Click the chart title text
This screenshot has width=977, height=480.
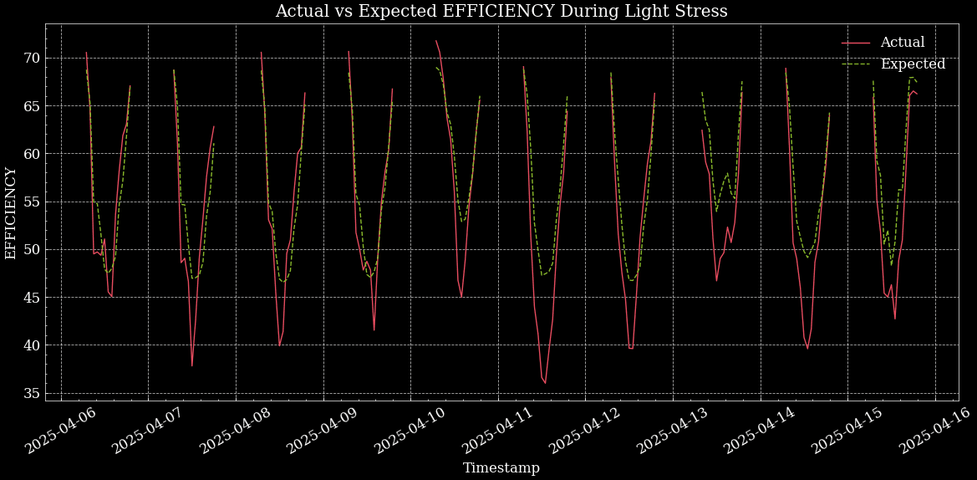tap(501, 12)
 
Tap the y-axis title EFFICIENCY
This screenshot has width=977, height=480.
tap(11, 213)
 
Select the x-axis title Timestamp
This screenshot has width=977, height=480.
tap(501, 468)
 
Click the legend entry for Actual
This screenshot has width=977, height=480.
tap(902, 43)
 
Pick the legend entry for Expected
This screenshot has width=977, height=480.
tap(912, 64)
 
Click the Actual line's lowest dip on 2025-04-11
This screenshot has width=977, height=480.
tap(545, 384)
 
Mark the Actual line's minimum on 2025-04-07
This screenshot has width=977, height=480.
tap(192, 365)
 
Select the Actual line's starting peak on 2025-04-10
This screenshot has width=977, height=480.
tap(435, 40)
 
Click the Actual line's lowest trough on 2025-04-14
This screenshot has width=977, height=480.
tap(807, 348)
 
